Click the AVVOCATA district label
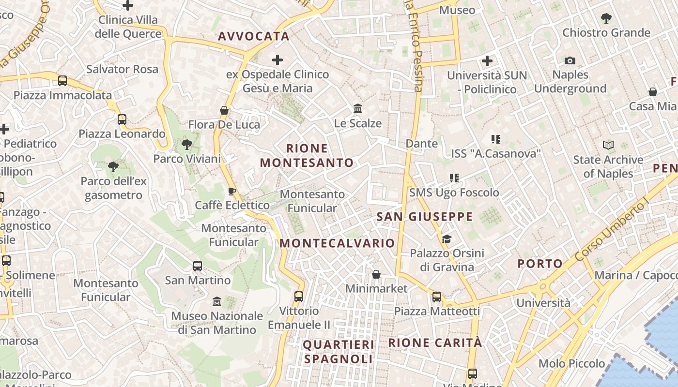point(253,36)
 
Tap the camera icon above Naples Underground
point(570,60)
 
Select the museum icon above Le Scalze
point(358,108)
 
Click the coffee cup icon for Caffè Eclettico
point(232,191)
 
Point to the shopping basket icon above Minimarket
point(376,275)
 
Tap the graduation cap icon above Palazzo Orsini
point(446,239)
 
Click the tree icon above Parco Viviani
point(186,144)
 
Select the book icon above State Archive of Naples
point(608,145)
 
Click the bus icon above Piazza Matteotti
point(437,297)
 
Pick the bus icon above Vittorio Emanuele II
point(299,297)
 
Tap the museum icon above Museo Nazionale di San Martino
point(217,302)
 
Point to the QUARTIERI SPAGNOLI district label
point(339,352)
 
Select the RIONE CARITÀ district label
point(435,343)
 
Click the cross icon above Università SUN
point(487,61)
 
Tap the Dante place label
point(421,144)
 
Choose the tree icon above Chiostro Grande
point(606,18)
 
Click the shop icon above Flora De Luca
point(224,110)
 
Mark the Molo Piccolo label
point(571,363)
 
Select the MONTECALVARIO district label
point(337,243)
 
